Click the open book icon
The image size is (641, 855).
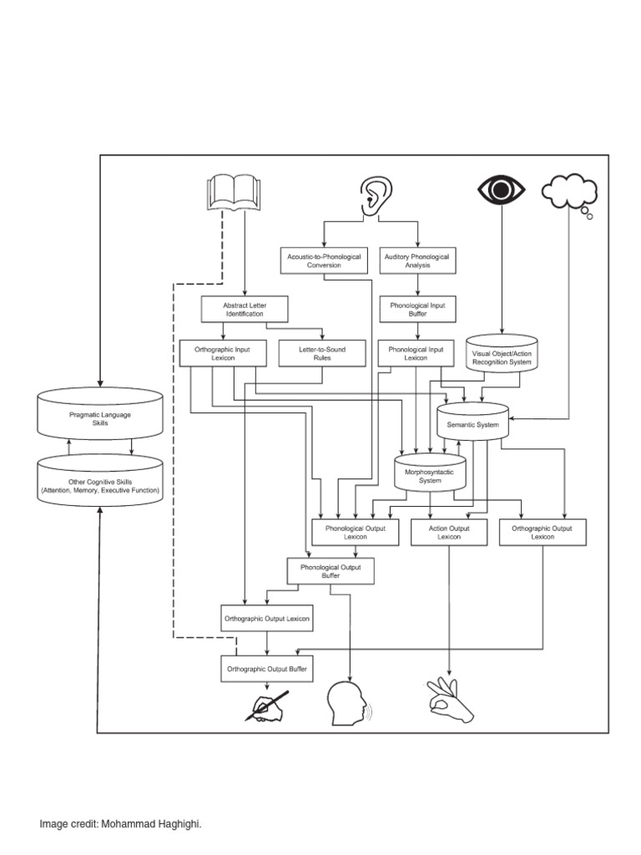234,192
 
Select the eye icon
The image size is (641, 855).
501,190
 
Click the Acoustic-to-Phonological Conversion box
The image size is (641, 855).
324,261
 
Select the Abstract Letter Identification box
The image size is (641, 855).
244,310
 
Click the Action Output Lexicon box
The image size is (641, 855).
449,533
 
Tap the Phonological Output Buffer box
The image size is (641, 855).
331,572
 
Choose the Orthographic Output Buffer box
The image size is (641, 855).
267,669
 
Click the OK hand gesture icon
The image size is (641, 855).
449,701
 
